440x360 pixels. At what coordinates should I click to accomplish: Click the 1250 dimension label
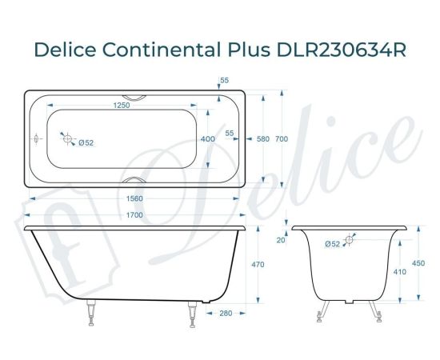click(x=122, y=104)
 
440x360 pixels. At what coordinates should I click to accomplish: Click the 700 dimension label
click(x=281, y=138)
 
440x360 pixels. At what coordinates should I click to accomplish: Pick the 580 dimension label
click(x=262, y=138)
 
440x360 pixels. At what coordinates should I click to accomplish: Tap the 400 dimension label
click(x=208, y=138)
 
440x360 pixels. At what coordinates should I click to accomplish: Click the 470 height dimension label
click(x=258, y=264)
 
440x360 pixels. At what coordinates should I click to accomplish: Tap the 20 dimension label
click(x=281, y=239)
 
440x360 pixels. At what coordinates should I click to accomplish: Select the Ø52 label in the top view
click(x=86, y=143)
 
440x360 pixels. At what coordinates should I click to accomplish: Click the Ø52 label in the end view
click(x=333, y=244)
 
